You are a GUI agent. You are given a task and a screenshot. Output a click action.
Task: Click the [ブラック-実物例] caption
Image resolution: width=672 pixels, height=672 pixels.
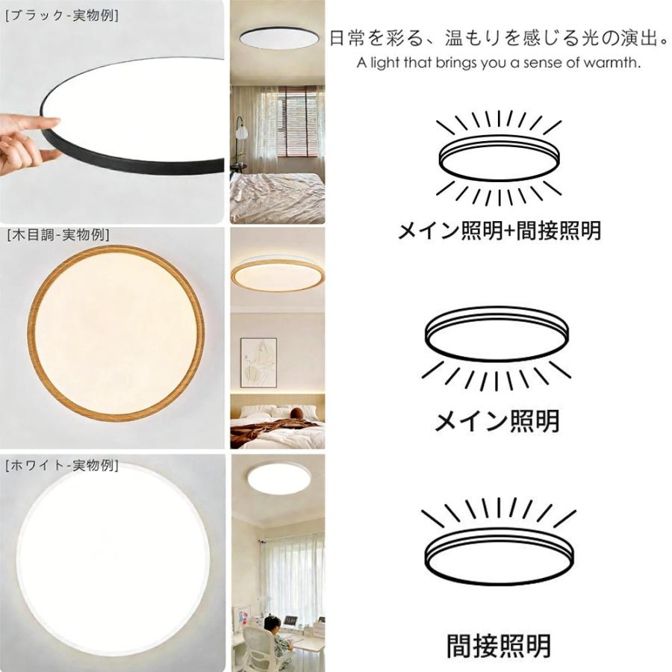coord(61,15)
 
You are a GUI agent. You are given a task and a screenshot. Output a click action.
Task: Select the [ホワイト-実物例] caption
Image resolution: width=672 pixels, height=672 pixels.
coord(61,465)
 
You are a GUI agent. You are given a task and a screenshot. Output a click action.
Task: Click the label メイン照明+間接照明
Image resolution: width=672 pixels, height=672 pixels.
coord(499,231)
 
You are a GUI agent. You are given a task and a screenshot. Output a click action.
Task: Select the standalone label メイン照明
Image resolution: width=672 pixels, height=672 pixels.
coord(497,421)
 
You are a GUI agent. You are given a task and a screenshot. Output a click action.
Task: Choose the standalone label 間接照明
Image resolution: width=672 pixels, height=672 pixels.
coord(499,645)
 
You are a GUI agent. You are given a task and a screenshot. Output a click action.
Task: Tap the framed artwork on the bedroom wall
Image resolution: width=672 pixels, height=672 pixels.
coord(258,362)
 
